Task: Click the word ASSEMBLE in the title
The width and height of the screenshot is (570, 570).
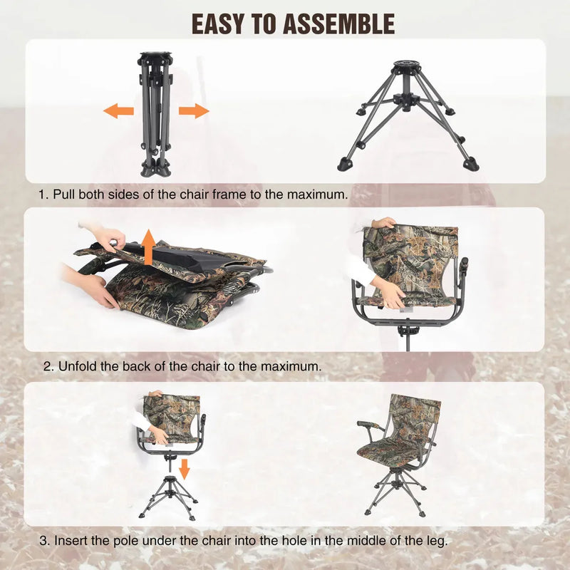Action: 338,24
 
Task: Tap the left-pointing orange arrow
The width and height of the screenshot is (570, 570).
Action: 118,110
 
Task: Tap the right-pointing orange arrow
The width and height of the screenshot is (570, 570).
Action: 194,110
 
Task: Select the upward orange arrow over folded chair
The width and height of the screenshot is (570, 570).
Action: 148,247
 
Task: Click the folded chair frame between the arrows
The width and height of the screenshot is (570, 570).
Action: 156,114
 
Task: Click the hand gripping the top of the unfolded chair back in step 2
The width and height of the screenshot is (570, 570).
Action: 383,223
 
